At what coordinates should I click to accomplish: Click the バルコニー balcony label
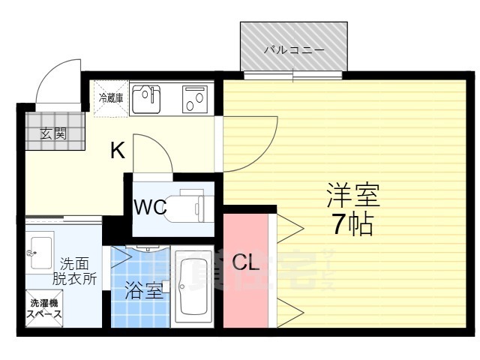click(294, 50)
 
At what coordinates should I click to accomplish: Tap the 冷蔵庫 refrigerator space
click(110, 97)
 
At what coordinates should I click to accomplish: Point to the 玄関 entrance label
click(52, 134)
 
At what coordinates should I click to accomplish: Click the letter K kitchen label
click(118, 151)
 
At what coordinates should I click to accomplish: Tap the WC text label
click(150, 208)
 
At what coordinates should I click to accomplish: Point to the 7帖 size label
click(352, 223)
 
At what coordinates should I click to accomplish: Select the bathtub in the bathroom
click(193, 288)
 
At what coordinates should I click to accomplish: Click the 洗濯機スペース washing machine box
click(44, 309)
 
